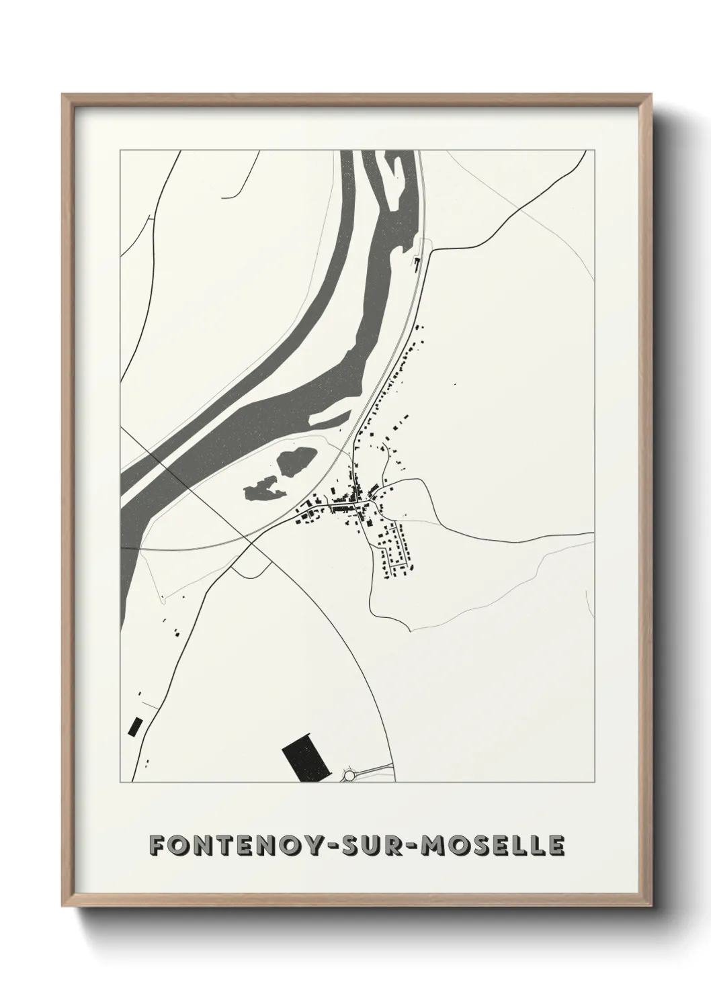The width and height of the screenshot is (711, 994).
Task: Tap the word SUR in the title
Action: [387, 846]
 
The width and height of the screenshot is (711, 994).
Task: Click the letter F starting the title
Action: [157, 846]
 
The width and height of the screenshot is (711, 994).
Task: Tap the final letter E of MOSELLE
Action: [556, 846]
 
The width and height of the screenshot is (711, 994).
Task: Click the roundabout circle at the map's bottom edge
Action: [349, 776]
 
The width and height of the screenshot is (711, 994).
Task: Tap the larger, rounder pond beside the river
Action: [294, 462]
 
